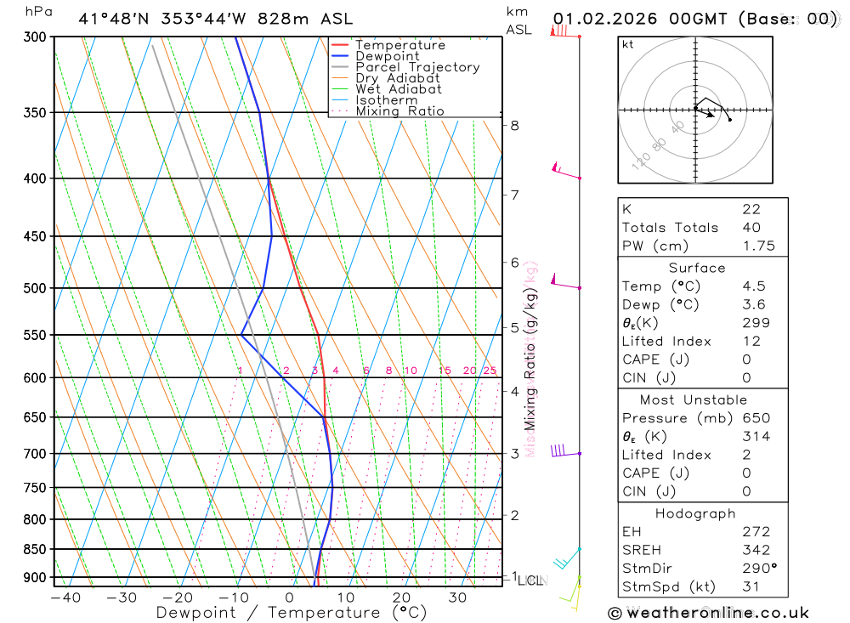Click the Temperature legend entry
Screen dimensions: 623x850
(x=399, y=45)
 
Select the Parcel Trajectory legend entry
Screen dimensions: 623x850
(x=417, y=67)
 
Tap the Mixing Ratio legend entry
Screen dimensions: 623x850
(x=399, y=111)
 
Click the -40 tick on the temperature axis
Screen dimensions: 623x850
(x=65, y=598)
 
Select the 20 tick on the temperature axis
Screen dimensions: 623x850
(x=401, y=598)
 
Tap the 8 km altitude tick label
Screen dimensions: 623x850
(x=514, y=126)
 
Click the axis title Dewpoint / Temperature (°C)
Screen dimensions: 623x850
(x=292, y=613)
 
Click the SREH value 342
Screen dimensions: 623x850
(x=756, y=550)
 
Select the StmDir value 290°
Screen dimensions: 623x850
(x=759, y=569)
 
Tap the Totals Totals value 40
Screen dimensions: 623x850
(x=751, y=228)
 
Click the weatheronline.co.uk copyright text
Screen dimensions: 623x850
(x=708, y=613)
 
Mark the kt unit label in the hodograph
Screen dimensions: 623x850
(x=628, y=44)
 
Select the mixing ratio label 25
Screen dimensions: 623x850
(x=490, y=371)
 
